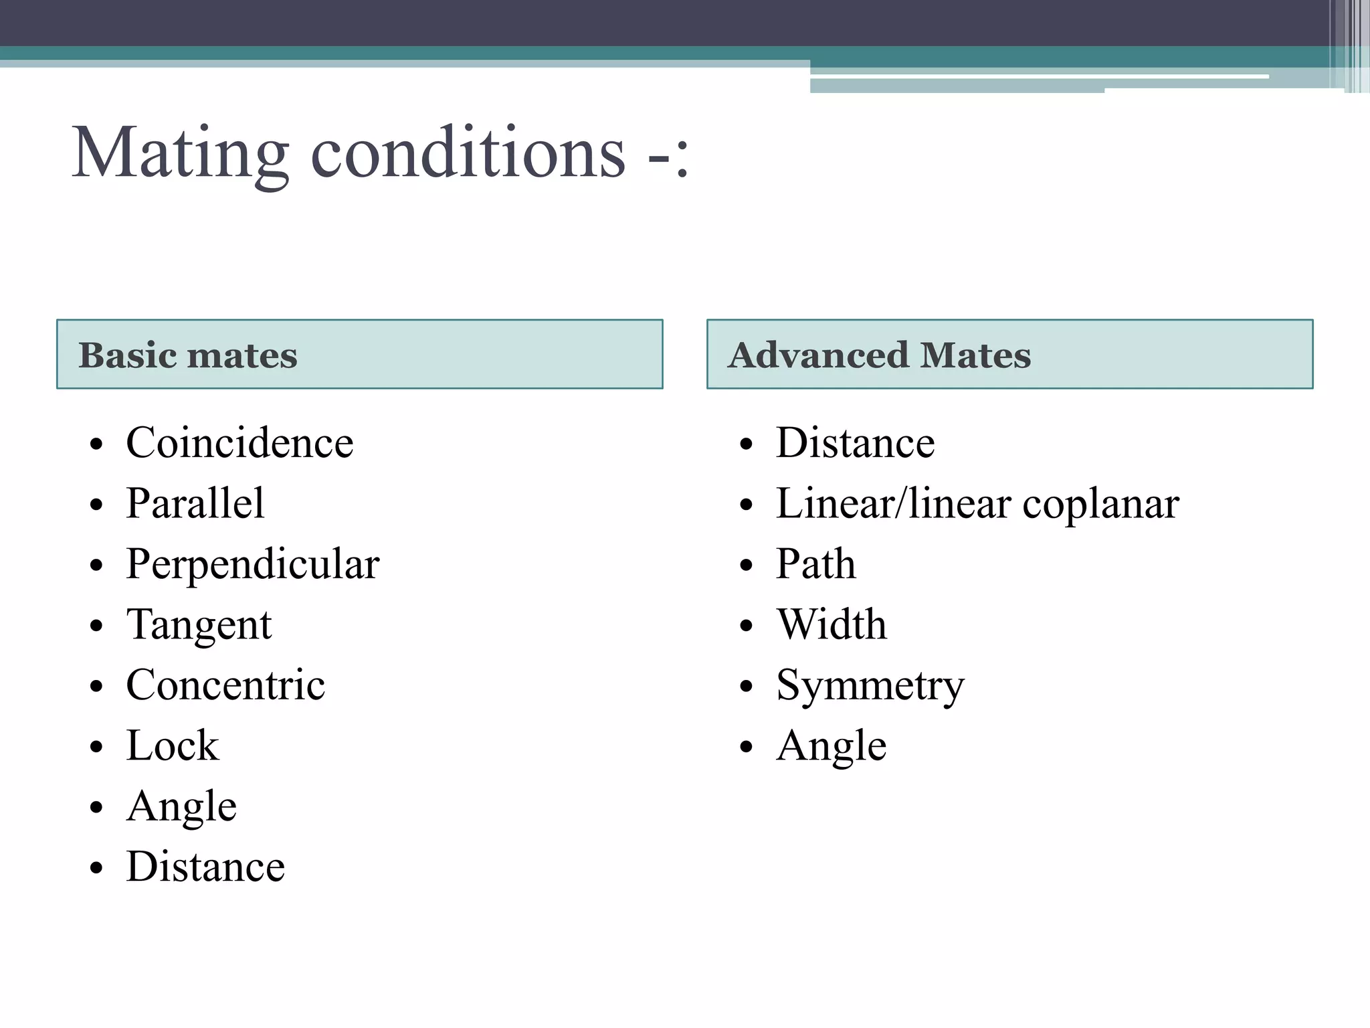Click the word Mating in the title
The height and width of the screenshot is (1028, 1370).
181,154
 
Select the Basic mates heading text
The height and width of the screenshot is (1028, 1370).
188,355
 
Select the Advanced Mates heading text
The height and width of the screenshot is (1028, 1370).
879,355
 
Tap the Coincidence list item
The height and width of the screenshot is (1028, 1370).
239,443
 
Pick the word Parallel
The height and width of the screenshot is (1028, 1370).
195,503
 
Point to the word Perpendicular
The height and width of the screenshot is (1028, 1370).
253,564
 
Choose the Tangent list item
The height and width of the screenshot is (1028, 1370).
199,625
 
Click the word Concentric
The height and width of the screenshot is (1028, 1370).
225,685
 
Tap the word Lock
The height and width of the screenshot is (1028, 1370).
173,746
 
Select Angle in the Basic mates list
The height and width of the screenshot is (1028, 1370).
181,806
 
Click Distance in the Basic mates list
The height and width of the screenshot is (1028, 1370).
205,867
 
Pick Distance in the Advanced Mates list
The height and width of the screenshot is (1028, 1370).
855,443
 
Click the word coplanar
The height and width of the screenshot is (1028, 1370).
1100,505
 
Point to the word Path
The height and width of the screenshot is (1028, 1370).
815,564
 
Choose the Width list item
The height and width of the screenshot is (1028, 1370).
831,624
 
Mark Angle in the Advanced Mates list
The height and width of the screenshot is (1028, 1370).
831,746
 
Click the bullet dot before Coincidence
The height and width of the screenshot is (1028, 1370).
97,444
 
